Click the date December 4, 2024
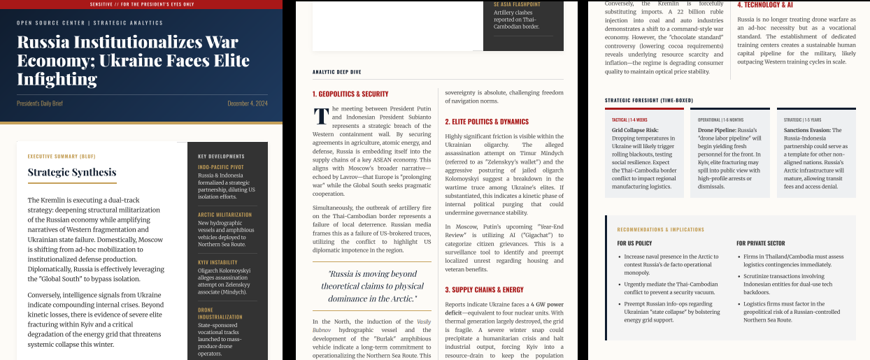tap(248, 103)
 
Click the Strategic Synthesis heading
tap(72, 172)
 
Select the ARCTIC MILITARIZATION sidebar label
tap(224, 215)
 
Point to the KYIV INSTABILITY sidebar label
tap(217, 263)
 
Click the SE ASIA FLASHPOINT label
tap(517, 4)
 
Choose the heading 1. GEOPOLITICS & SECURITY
tap(350, 94)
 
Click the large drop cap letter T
tap(321, 116)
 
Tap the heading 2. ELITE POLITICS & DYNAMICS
tap(487, 122)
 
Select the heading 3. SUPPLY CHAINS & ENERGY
tap(484, 289)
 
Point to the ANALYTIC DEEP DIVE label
tap(337, 72)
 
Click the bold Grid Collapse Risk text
tap(635, 130)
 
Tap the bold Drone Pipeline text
tap(716, 130)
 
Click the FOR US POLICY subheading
tap(634, 243)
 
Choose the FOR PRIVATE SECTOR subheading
tap(760, 243)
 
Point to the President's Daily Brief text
tap(40, 103)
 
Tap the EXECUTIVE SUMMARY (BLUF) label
tap(62, 156)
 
